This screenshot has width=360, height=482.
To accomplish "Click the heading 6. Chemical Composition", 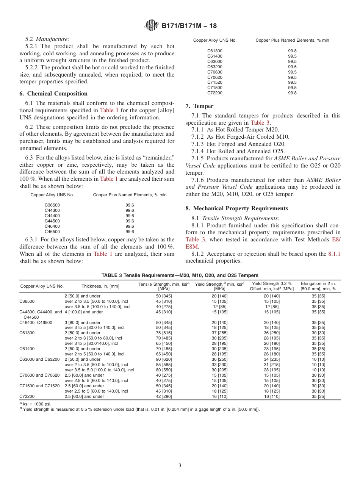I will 53,94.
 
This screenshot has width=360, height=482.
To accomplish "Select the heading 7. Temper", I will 199,106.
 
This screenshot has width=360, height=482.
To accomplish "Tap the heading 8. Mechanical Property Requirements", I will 236,208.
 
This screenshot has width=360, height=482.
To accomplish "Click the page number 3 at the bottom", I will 180,465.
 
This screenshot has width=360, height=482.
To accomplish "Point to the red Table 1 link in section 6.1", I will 109,110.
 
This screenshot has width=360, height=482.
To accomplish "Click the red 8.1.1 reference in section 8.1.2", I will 334,254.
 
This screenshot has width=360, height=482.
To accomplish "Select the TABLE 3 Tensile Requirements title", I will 180,275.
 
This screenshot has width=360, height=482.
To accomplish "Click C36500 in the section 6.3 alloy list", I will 52,205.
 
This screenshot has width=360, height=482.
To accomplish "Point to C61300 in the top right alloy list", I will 215,51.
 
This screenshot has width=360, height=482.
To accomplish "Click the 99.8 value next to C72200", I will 292,93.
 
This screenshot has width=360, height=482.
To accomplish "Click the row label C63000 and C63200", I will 40,359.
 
